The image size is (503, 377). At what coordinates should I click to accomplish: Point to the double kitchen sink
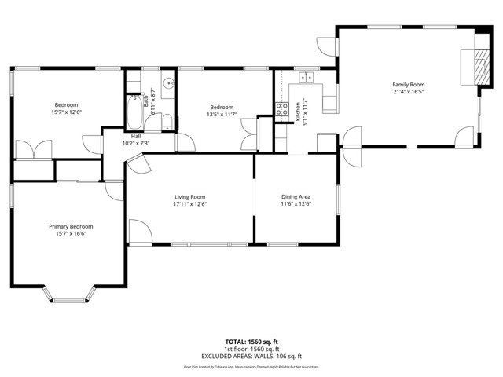(307, 77)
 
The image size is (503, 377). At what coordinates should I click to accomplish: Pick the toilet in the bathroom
(167, 119)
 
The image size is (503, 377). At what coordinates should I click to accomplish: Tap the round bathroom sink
(167, 84)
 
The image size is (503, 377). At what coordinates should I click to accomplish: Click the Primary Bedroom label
(70, 226)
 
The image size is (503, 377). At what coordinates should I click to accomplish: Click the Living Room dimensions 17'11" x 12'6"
(189, 204)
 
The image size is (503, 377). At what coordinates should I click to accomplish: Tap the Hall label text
(136, 136)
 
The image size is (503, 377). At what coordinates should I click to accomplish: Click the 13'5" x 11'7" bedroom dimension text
(221, 115)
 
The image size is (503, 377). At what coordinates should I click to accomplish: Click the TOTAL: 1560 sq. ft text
(251, 342)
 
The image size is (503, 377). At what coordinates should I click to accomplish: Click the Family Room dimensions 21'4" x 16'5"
(409, 91)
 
